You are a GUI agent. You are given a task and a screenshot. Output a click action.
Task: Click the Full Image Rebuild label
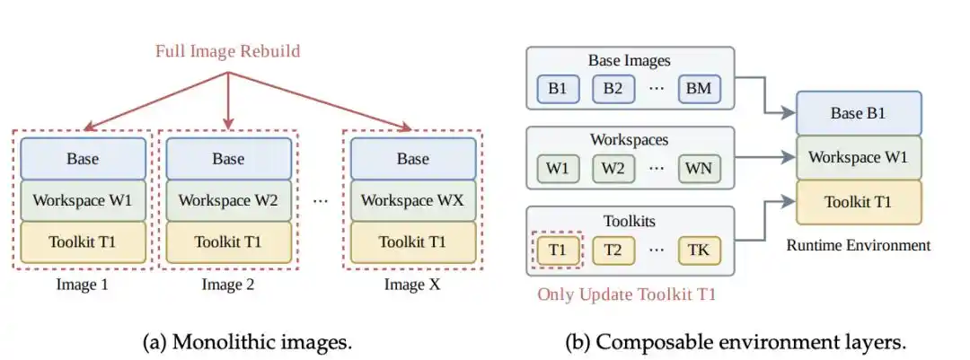227,50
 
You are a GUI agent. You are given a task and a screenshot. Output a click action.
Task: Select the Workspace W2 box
228,200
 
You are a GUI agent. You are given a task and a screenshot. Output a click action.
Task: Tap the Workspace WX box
412,200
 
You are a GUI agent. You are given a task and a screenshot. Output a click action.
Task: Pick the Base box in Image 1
83,158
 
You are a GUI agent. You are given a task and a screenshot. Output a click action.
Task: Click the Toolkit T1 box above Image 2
228,241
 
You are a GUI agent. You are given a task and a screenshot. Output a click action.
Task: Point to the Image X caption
412,285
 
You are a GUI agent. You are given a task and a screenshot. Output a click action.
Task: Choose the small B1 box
558,89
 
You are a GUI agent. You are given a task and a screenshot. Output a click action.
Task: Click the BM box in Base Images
699,89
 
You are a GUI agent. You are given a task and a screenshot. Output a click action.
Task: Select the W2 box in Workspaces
613,168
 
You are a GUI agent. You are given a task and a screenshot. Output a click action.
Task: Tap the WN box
699,168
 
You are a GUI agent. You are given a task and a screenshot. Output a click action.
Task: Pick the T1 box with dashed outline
558,250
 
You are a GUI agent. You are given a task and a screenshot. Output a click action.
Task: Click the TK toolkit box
699,250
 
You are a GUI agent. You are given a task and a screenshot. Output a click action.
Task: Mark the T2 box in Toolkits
613,250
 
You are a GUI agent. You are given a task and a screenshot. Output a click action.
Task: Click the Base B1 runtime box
858,113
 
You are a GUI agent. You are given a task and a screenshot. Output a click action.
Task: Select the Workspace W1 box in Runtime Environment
858,157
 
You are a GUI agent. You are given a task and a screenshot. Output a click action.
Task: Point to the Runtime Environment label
858,246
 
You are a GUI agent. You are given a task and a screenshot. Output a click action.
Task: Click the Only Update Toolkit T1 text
626,294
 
